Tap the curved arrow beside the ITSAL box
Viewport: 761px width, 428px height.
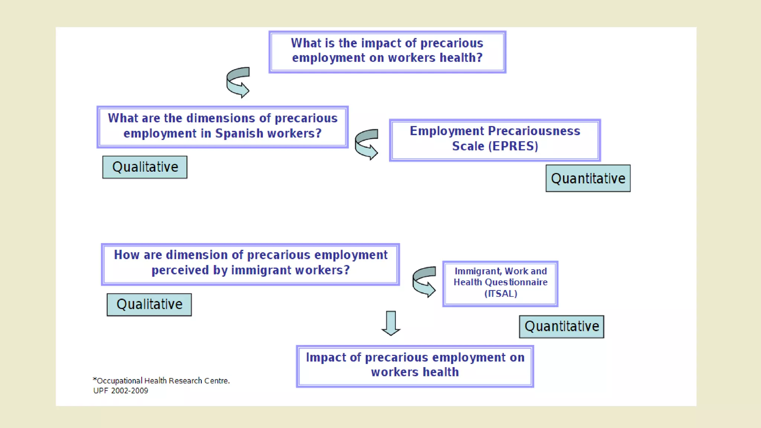pyautogui.click(x=424, y=282)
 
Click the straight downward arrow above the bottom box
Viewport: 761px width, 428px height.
pyautogui.click(x=391, y=323)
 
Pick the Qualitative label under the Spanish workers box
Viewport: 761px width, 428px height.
pyautogui.click(x=145, y=167)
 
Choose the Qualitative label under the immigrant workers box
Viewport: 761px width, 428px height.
pyautogui.click(x=149, y=305)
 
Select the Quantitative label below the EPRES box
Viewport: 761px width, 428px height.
pyautogui.click(x=588, y=179)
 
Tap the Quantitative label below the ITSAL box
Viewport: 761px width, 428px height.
pyautogui.click(x=561, y=327)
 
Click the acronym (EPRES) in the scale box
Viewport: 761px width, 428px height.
pyautogui.click(x=513, y=146)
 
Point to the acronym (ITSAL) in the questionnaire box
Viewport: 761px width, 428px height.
pyautogui.click(x=501, y=294)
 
